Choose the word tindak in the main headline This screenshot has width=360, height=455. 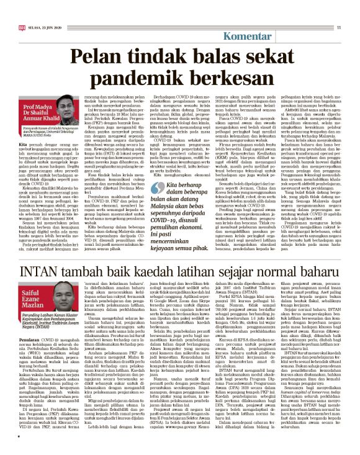158,59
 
